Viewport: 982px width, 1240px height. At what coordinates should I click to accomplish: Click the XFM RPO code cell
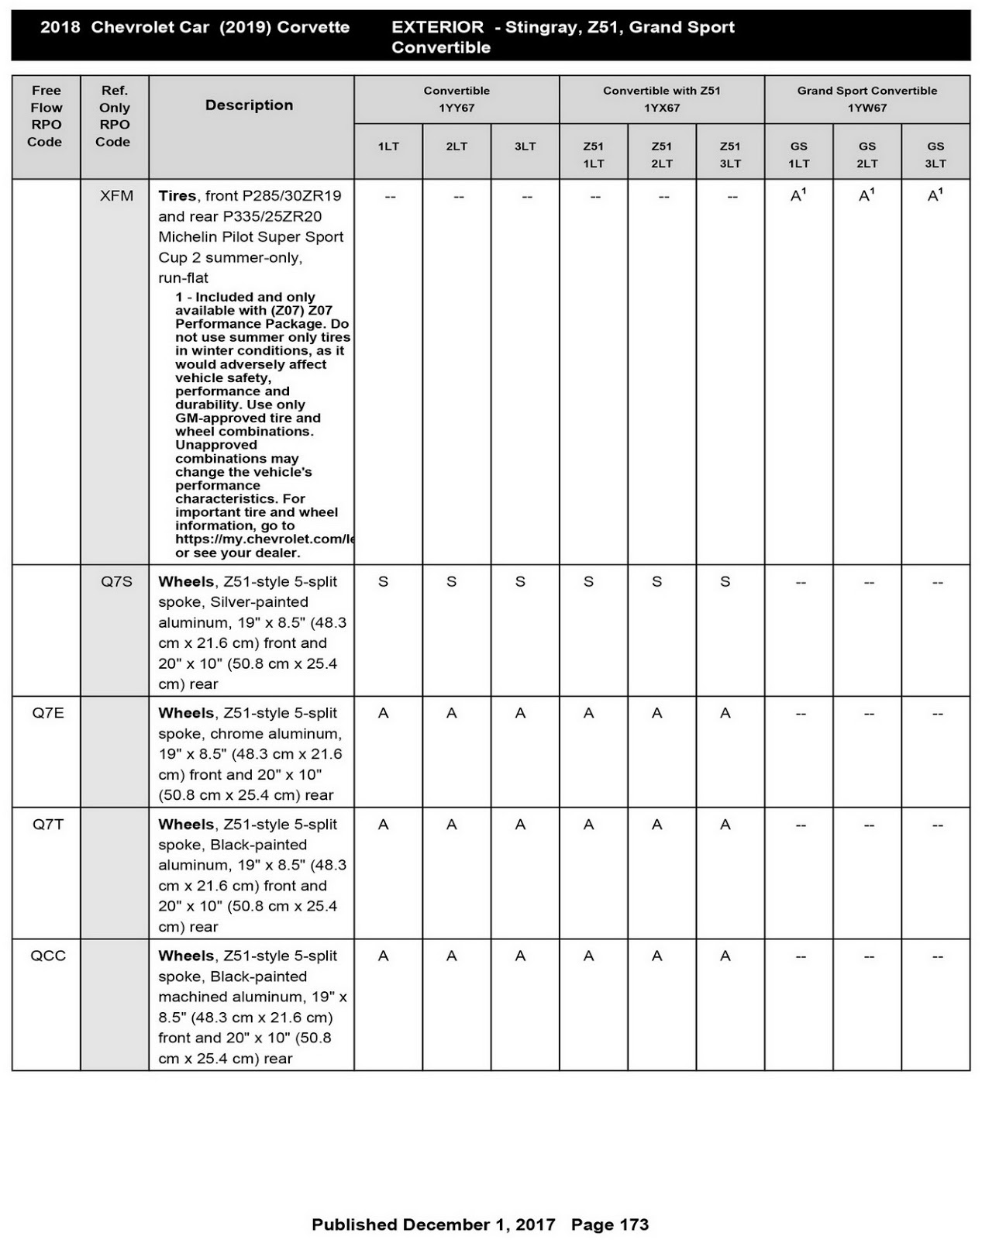(116, 196)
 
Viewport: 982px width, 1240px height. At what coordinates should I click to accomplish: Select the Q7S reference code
(116, 581)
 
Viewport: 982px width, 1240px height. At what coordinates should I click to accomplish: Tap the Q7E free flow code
(48, 713)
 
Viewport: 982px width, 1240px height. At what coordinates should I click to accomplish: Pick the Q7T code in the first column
(48, 825)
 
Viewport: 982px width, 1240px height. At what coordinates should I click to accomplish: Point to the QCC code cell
(48, 956)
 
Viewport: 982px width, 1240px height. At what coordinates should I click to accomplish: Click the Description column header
(249, 105)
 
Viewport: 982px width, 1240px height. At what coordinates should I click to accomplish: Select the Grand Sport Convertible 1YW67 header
(867, 99)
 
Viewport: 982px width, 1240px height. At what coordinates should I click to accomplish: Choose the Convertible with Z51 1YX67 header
(661, 99)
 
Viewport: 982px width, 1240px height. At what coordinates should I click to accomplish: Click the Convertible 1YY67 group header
(457, 99)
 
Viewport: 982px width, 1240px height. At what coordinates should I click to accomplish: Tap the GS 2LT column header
(867, 154)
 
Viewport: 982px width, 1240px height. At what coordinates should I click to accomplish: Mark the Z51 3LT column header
(729, 154)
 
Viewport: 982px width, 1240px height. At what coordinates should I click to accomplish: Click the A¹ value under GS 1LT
(798, 196)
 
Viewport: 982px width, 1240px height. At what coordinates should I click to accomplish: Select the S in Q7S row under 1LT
(383, 581)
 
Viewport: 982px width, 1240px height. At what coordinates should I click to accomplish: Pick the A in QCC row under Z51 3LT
(725, 956)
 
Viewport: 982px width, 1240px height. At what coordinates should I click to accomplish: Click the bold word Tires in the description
(177, 196)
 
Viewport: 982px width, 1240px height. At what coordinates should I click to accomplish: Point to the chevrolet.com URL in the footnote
(264, 539)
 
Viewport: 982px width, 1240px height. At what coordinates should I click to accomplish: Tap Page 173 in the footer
(609, 1224)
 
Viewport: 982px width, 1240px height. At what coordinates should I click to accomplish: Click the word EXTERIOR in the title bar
(437, 27)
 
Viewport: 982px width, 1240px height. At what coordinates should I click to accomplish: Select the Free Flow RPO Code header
(46, 116)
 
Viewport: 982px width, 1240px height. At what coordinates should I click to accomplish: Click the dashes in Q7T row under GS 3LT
(937, 825)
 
